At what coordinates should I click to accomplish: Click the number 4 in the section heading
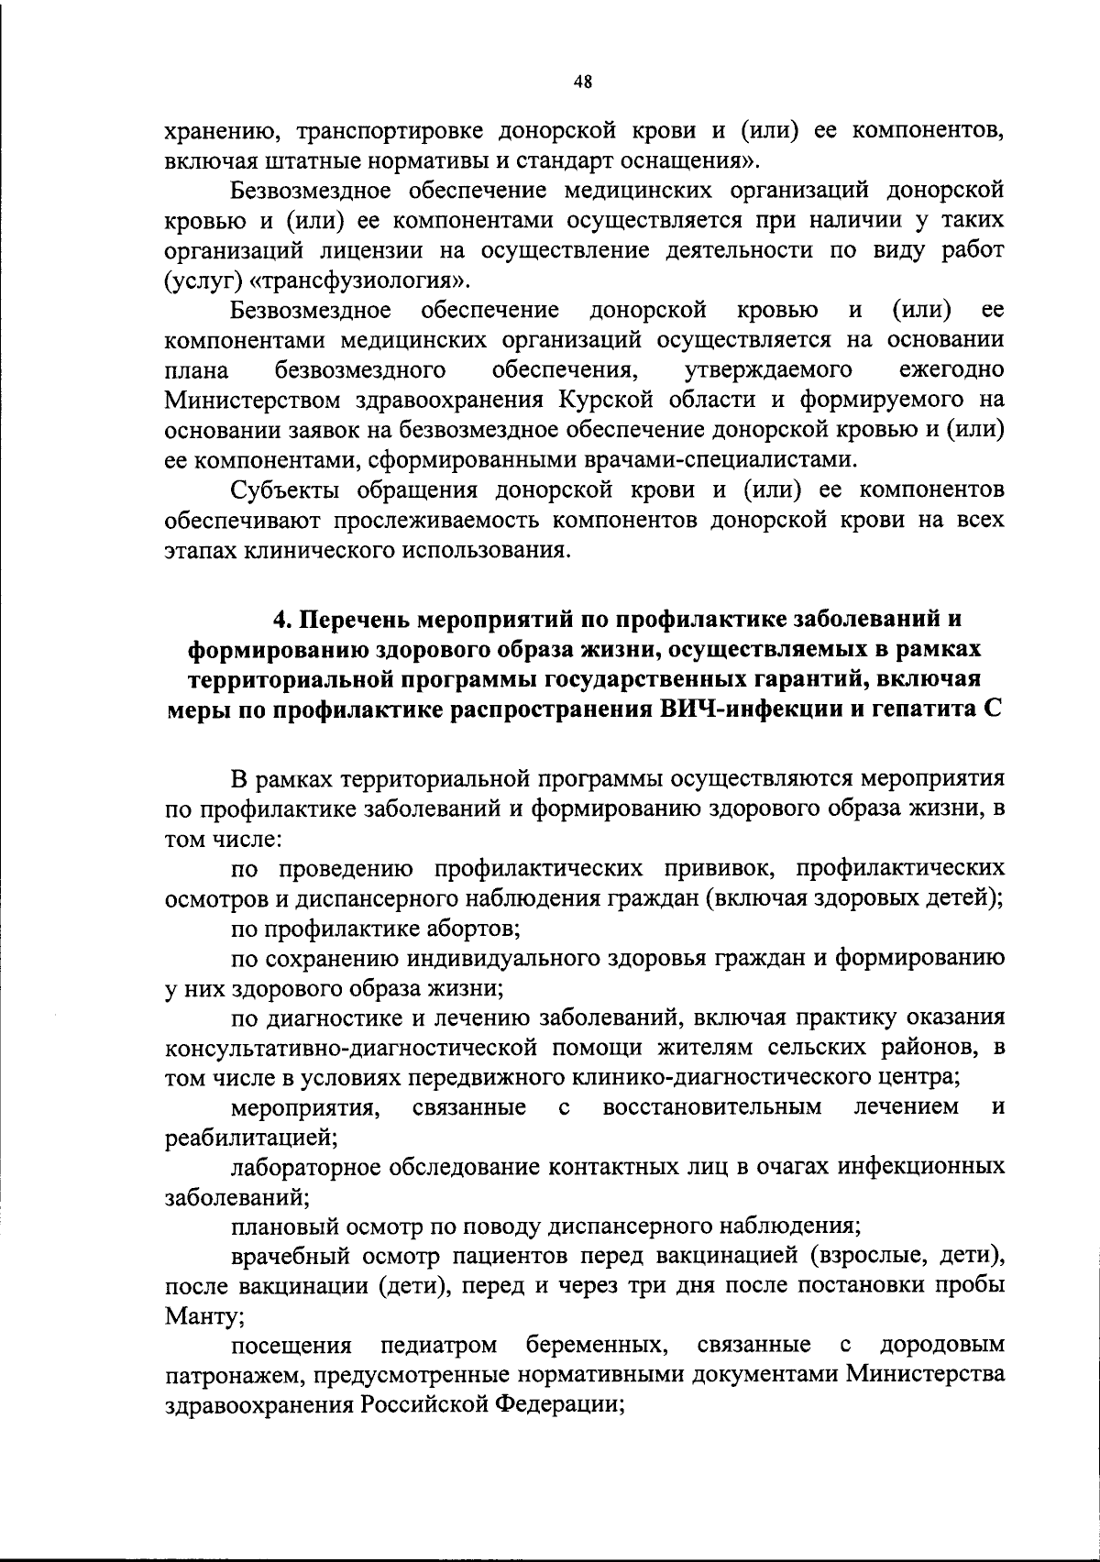(281, 621)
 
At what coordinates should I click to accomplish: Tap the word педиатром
(439, 1346)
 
